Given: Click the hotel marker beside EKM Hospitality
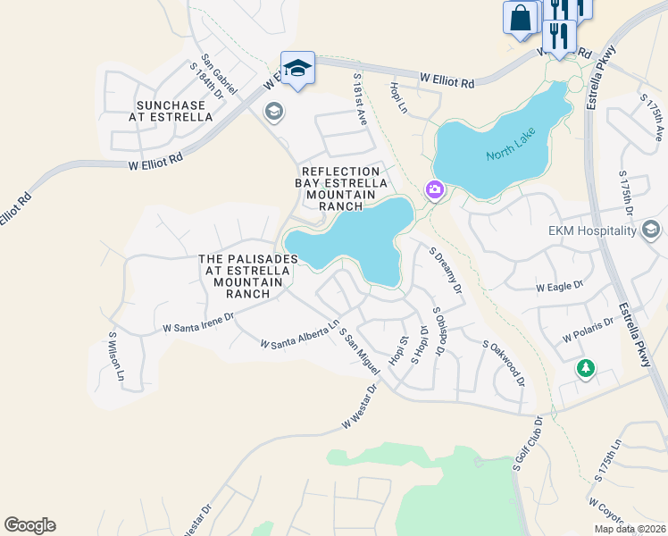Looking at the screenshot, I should pos(652,231).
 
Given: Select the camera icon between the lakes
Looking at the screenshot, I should pos(435,189).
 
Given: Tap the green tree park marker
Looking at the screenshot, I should pos(586,368).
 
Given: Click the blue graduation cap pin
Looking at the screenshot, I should pos(297,69).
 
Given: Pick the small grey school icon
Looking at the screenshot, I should pos(273,112).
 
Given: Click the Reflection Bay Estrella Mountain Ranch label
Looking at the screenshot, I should pos(345,188).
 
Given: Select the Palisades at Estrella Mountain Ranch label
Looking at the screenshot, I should pos(247,276).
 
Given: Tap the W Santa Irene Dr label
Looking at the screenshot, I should pos(198,322).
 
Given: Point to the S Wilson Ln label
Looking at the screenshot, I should pos(113,356).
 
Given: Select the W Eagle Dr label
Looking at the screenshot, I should pos(559,287).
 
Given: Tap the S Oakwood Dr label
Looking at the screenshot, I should pos(503,363).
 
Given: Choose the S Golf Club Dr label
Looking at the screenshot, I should pos(528,444).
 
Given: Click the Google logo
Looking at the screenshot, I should pos(29,525).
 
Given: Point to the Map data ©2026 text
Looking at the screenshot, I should pos(628,529).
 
